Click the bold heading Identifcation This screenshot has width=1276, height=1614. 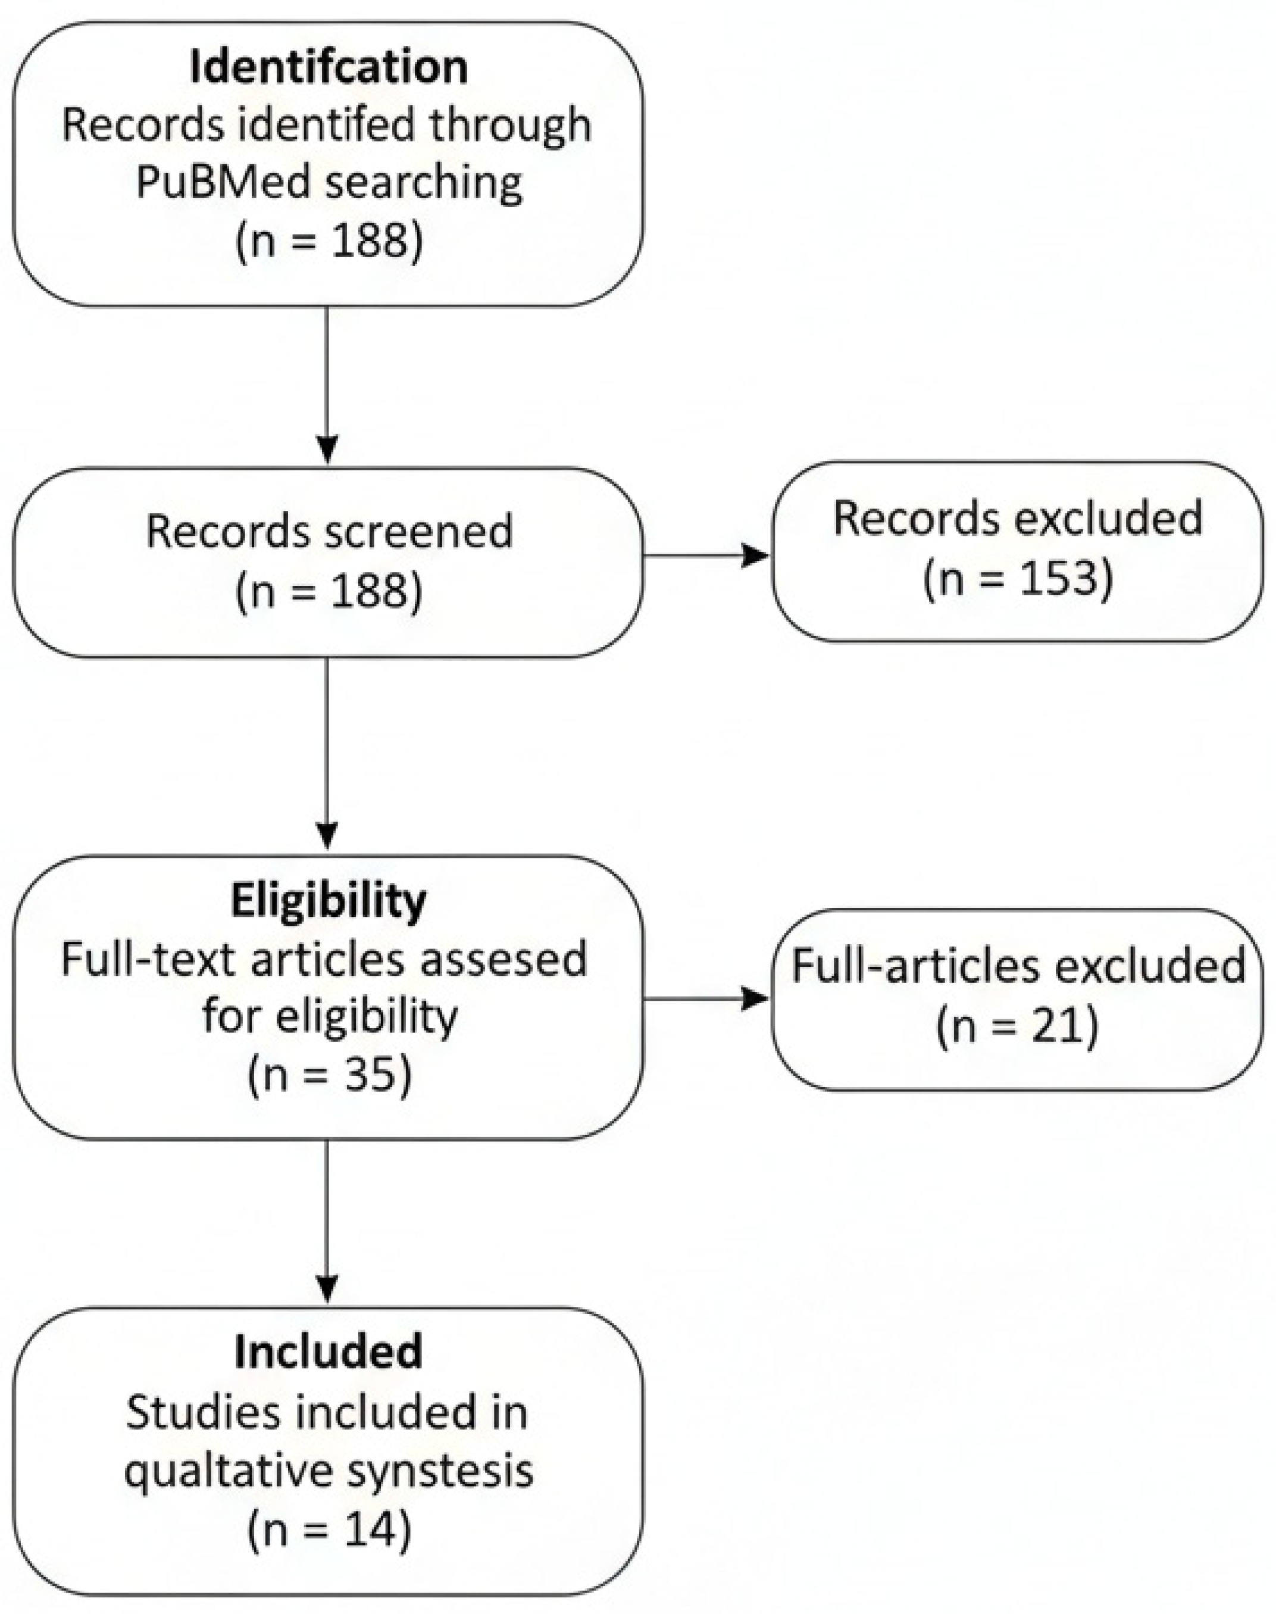point(329,67)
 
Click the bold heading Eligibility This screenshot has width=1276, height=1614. point(329,900)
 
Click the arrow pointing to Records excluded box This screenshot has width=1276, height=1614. point(706,556)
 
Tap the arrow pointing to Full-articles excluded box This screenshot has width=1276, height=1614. point(706,998)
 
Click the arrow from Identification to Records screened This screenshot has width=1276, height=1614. point(327,385)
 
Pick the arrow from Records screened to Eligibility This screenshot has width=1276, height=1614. point(327,755)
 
